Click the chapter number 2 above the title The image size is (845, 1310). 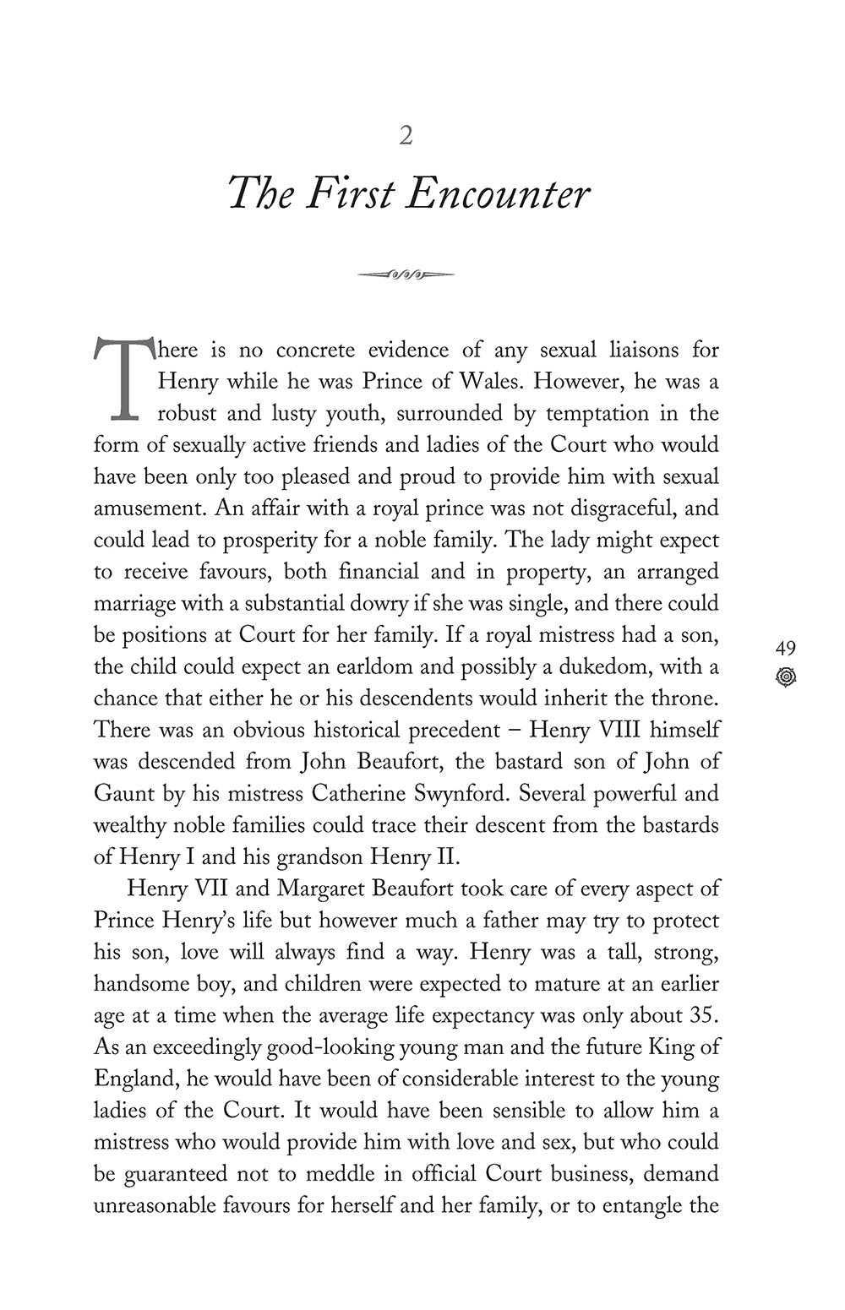click(x=406, y=136)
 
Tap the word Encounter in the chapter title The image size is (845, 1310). click(x=498, y=195)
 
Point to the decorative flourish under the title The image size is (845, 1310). click(x=406, y=274)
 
